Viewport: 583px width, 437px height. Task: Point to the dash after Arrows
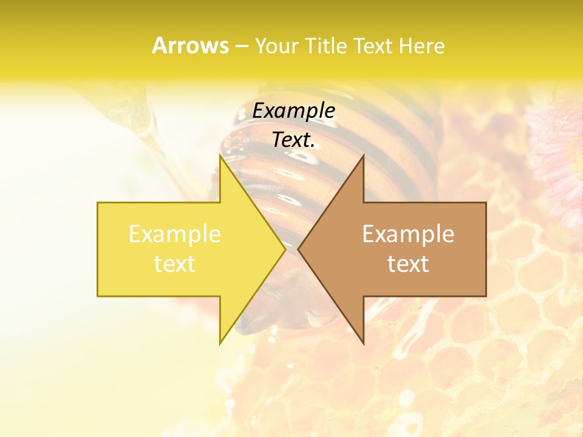click(241, 46)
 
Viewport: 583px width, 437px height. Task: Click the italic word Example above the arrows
click(294, 111)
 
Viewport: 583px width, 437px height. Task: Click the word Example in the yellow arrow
click(175, 234)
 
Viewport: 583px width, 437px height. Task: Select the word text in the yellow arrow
click(175, 264)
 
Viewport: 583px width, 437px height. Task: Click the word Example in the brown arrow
click(408, 234)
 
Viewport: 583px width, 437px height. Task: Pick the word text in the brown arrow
click(408, 264)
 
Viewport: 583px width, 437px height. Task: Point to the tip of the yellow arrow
click(284, 249)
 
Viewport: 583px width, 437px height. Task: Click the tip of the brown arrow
click(299, 249)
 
